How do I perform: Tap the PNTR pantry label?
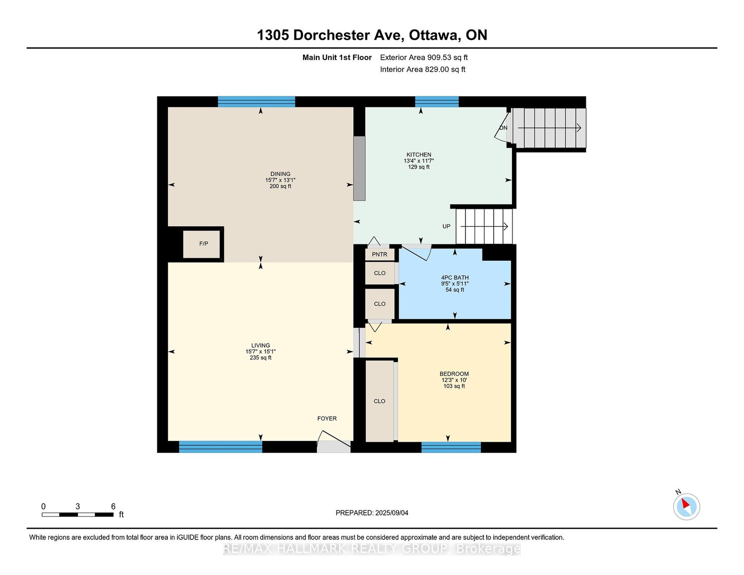pyautogui.click(x=379, y=254)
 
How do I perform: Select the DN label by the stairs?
pyautogui.click(x=503, y=128)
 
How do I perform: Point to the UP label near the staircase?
pyautogui.click(x=446, y=227)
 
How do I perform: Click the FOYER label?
pyautogui.click(x=327, y=418)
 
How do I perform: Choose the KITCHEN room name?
pyautogui.click(x=418, y=155)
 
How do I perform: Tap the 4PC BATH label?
pyautogui.click(x=454, y=277)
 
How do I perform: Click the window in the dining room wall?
pyautogui.click(x=256, y=102)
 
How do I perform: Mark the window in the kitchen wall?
pyautogui.click(x=437, y=102)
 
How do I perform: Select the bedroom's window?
pyautogui.click(x=451, y=447)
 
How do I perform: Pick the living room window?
pyautogui.click(x=221, y=447)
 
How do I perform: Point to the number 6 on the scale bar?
pyautogui.click(x=113, y=506)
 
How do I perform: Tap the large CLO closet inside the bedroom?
pyautogui.click(x=379, y=401)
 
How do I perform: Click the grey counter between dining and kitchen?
pyautogui.click(x=359, y=168)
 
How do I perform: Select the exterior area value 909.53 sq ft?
pyautogui.click(x=447, y=57)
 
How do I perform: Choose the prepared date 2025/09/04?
pyautogui.click(x=392, y=513)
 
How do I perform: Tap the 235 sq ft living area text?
pyautogui.click(x=261, y=358)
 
